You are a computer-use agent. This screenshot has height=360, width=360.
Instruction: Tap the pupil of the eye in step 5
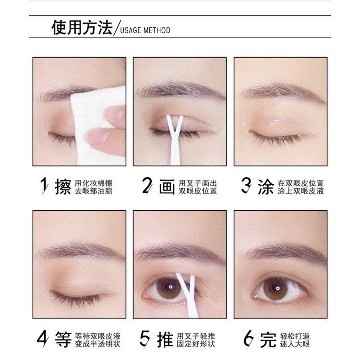[169, 288]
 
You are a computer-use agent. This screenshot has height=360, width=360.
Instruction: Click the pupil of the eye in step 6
[277, 287]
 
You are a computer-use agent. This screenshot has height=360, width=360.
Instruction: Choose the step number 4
[44, 339]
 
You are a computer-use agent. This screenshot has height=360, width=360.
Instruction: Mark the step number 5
[145, 339]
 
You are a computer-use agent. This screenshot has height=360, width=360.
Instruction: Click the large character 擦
[63, 187]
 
